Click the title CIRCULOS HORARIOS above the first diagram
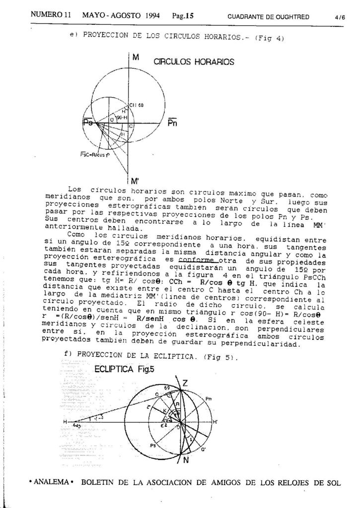[194, 63]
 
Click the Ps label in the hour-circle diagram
[89, 123]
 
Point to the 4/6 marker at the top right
[340, 17]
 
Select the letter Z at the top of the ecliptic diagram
[185, 382]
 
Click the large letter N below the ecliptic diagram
[186, 460]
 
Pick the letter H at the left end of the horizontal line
[65, 421]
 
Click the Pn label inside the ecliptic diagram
[209, 398]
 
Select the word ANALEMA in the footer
[51, 482]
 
